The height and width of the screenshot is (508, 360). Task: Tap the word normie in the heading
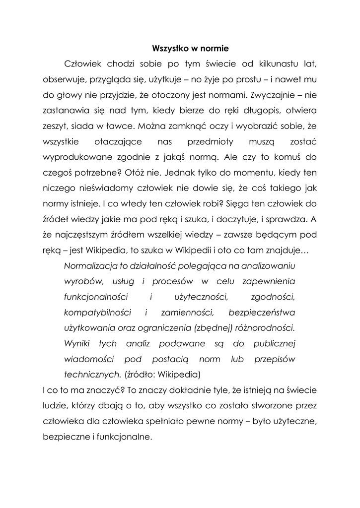[x=214, y=49]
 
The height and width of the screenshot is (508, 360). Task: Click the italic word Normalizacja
[x=92, y=265]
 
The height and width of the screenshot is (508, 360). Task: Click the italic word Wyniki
[x=78, y=343]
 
